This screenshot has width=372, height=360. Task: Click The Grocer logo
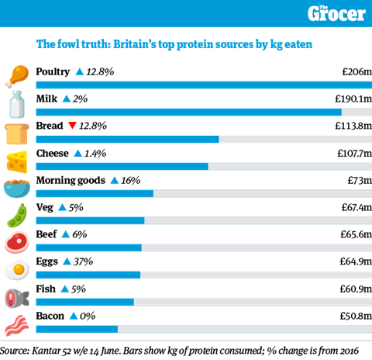pyautogui.click(x=336, y=13)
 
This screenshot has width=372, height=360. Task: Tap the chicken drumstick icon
pyautogui.click(x=17, y=77)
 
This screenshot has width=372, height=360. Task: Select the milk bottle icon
pyautogui.click(x=17, y=104)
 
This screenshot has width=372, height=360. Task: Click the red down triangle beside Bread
pyautogui.click(x=72, y=126)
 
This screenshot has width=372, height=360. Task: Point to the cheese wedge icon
pyautogui.click(x=17, y=162)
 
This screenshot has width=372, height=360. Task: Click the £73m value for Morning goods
pyautogui.click(x=360, y=180)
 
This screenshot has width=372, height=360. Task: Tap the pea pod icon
pyautogui.click(x=17, y=216)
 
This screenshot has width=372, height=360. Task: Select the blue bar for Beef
pyautogui.click(x=88, y=247)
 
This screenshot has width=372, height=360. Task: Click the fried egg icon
pyautogui.click(x=17, y=270)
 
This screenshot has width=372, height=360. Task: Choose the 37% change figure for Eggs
pyautogui.click(x=83, y=261)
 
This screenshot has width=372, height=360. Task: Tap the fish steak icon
pyautogui.click(x=17, y=298)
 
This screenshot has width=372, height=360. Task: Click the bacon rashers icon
pyautogui.click(x=17, y=326)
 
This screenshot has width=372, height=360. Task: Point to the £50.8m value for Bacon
pyautogui.click(x=356, y=316)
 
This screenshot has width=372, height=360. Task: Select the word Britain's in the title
pyautogui.click(x=135, y=44)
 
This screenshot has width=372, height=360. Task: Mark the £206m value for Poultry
pyautogui.click(x=357, y=71)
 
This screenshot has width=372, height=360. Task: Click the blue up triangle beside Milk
pyautogui.click(x=67, y=99)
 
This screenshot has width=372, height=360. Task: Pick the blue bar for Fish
pyautogui.click(x=85, y=302)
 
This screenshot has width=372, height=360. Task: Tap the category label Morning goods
pyautogui.click(x=71, y=180)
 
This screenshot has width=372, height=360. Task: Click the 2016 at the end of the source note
pyautogui.click(x=350, y=351)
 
